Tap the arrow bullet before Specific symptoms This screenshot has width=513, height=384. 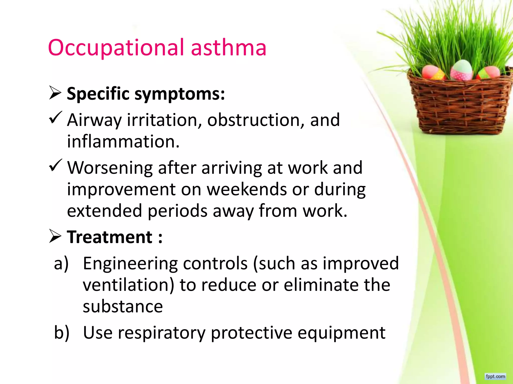pyautogui.click(x=55, y=93)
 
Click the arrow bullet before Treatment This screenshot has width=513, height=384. pyautogui.click(x=55, y=236)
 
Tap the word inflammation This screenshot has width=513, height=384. pyautogui.click(x=123, y=141)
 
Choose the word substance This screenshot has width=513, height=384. pyautogui.click(x=123, y=306)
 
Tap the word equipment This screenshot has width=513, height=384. pyautogui.click(x=341, y=333)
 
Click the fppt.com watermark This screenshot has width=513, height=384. pyautogui.click(x=495, y=376)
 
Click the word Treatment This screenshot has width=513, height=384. pyautogui.click(x=110, y=237)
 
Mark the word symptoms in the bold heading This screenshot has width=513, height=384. pyautogui.click(x=180, y=94)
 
